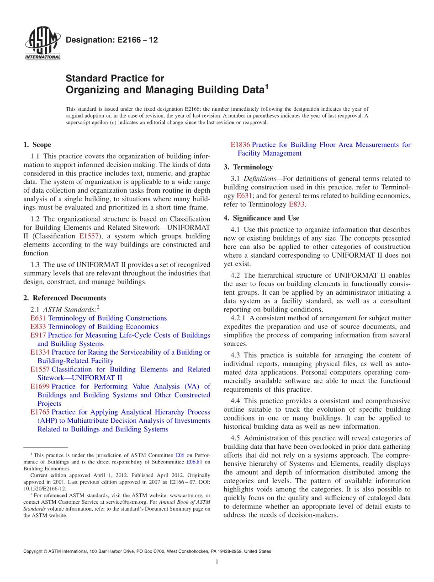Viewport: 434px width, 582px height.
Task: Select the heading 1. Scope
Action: tap(37, 145)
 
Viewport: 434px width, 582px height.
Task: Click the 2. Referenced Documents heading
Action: tap(65, 298)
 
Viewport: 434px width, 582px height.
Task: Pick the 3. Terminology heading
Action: tap(248, 167)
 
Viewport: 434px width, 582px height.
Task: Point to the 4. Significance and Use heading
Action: tap(261, 218)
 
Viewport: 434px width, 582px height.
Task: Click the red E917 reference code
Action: tap(38, 335)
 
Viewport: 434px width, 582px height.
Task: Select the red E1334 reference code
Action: tap(40, 352)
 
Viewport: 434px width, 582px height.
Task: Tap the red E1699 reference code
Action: tap(40, 387)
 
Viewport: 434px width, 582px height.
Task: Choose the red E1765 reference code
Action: tap(40, 412)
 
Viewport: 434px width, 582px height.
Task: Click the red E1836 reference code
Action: tap(240, 145)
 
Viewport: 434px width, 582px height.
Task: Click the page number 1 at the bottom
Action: tap(217, 562)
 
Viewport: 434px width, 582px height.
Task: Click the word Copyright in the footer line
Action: tap(33, 552)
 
